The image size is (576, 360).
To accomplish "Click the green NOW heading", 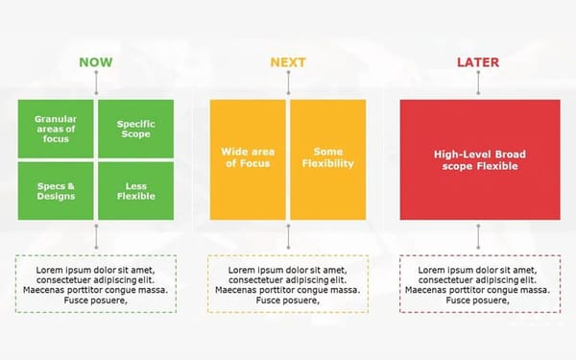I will (x=95, y=62).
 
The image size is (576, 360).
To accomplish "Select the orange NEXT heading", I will (x=287, y=62).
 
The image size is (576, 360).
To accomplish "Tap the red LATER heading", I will (x=478, y=62).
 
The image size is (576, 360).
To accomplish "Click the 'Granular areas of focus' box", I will (x=56, y=129).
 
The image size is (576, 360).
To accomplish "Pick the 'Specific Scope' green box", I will (x=135, y=129).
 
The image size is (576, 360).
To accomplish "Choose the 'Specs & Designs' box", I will (x=56, y=190).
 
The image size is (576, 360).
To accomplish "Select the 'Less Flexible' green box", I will (x=135, y=190).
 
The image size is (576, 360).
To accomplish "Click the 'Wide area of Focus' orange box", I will (x=248, y=158).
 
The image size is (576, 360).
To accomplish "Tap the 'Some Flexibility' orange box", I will (x=327, y=158).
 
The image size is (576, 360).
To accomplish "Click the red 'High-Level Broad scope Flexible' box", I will (x=478, y=159).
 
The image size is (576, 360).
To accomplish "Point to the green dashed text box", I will (x=95, y=283).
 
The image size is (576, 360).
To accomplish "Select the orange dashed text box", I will (x=287, y=283).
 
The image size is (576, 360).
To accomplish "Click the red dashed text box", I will (x=478, y=283).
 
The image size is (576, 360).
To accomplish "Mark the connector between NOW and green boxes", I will (x=95, y=84).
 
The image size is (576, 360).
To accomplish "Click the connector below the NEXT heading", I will (x=287, y=84).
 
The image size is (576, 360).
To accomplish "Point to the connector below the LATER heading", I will (x=478, y=84).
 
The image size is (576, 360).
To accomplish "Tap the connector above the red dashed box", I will (x=478, y=236).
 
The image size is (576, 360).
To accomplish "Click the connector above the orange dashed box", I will (x=287, y=236).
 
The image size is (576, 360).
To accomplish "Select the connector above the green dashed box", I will (x=95, y=236).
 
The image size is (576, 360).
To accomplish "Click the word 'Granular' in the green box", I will (x=56, y=118).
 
